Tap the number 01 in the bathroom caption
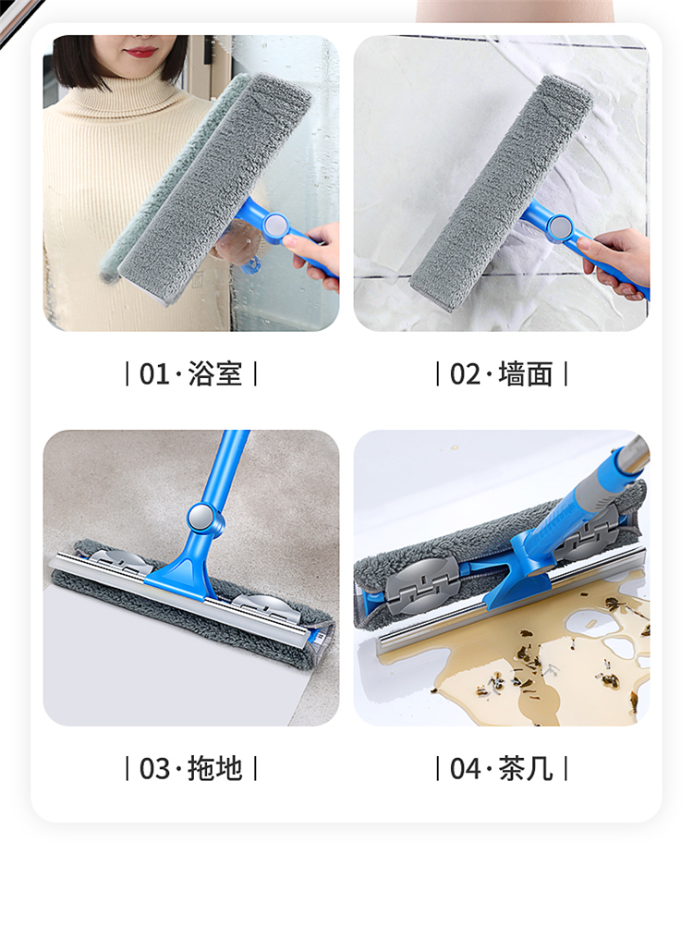click(154, 374)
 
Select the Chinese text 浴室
click(215, 374)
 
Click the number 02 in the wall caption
click(465, 374)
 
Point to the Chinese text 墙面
click(526, 374)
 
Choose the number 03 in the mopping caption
click(154, 769)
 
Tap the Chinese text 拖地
click(215, 769)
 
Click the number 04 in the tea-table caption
click(465, 769)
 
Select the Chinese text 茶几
click(526, 769)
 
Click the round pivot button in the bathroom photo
click(275, 226)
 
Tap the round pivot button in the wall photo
click(559, 226)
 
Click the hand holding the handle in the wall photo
click(615, 261)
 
